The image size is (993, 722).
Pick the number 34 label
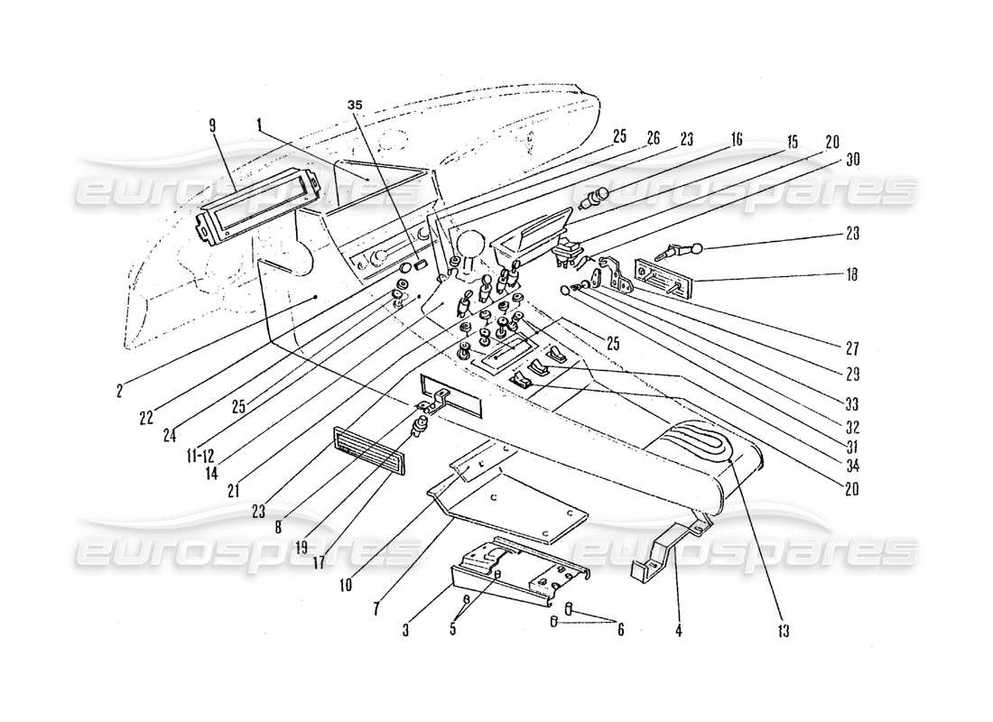click(x=849, y=465)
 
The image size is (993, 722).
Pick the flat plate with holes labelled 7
click(x=510, y=505)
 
